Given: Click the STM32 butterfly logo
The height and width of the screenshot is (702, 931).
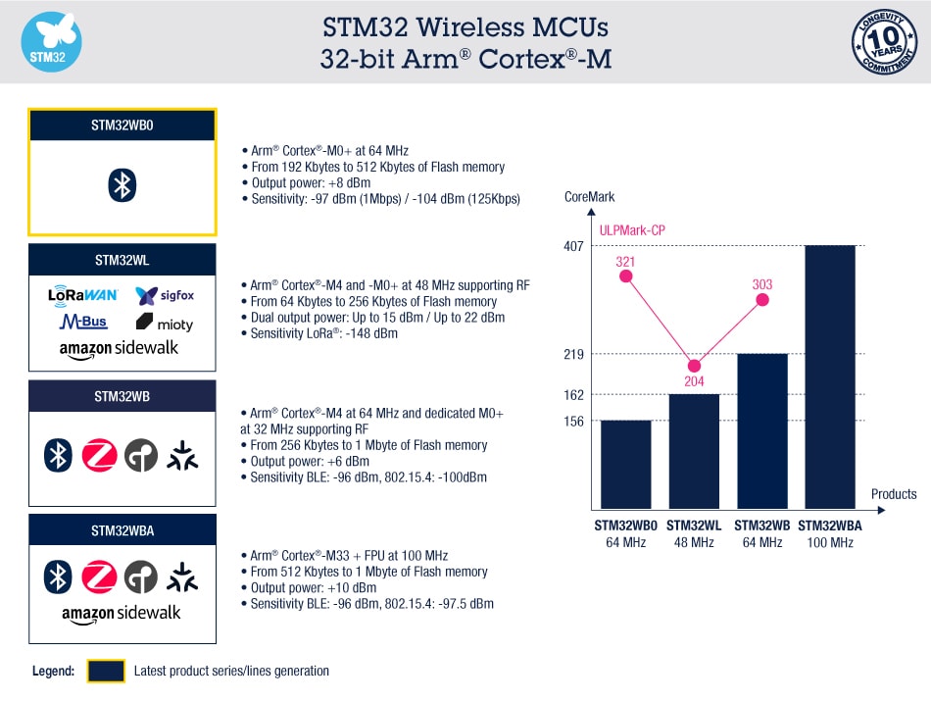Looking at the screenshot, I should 51,42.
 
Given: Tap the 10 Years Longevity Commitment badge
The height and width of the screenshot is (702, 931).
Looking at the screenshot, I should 884,42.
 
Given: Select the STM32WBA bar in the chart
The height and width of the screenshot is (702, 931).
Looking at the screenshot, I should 830,377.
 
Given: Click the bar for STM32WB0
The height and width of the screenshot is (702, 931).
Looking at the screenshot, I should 625,465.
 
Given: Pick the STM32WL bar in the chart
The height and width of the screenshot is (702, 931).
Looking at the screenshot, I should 694,452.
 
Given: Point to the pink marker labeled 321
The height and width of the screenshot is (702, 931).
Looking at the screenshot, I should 626,276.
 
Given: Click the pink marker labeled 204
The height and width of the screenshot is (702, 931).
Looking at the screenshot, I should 695,365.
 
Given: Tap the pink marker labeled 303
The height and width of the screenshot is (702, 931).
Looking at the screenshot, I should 762,299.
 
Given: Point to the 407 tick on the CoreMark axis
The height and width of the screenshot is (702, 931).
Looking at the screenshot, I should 574,246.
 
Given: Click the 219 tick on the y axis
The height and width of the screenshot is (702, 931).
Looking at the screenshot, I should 574,354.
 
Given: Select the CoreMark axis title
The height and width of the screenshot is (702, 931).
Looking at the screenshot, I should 589,197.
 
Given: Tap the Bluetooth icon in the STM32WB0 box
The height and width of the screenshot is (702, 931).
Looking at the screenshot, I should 122,185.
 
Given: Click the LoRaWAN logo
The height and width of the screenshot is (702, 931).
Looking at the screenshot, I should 83,294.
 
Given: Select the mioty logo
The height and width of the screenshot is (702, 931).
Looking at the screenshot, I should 164,323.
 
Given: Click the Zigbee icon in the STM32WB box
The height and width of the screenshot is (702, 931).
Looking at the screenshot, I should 100,455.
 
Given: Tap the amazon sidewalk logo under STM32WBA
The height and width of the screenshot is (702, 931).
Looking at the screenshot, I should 122,614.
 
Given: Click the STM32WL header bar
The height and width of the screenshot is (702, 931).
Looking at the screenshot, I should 122,260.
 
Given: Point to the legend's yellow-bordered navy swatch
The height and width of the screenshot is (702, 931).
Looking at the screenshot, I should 106,671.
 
